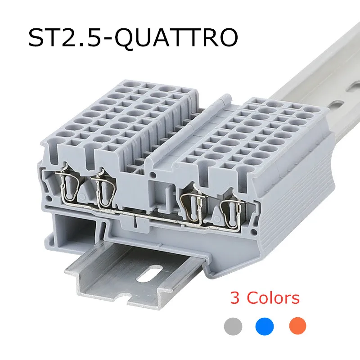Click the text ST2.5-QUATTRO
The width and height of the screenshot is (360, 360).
pyautogui.click(x=133, y=38)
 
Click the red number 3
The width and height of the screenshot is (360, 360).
pyautogui.click(x=235, y=298)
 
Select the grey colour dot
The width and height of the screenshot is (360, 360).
pyautogui.click(x=233, y=326)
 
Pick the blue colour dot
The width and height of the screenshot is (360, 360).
pyautogui.click(x=265, y=326)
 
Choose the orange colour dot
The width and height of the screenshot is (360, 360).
pyautogui.click(x=297, y=326)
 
